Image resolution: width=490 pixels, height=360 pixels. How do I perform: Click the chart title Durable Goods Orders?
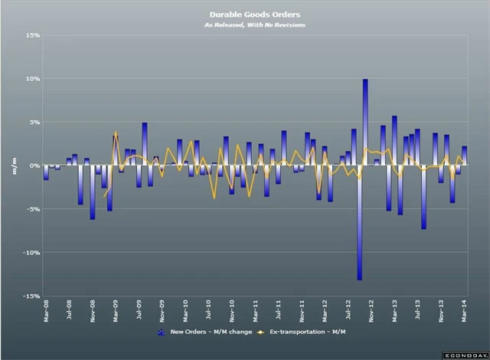244,14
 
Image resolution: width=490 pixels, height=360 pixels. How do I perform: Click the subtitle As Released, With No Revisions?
244,25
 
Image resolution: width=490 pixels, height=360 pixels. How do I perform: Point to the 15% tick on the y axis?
33,35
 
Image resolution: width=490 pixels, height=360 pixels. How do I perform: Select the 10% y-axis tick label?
33,79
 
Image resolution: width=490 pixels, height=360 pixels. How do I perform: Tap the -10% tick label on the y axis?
31,253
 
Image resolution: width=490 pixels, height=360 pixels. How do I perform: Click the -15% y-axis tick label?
31,296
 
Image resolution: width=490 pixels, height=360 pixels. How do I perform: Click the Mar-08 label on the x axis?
46,311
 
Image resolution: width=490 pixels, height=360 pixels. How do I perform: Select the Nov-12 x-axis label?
372,311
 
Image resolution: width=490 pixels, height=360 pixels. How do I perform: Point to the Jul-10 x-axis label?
209,311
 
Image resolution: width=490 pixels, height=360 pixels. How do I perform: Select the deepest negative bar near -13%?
359,222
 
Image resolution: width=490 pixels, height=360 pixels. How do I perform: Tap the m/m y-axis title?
15,166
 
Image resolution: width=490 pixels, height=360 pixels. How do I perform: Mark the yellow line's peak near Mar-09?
116,132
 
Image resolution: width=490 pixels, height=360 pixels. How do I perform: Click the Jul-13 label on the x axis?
419,311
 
